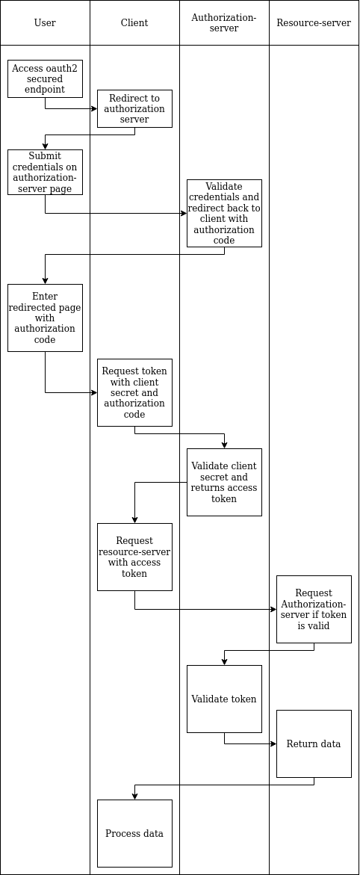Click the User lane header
point(45,23)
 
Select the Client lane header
point(134,23)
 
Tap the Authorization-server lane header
point(224,23)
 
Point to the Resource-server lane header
point(314,23)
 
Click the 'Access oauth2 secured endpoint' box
point(45,78)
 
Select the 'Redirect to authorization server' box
point(134,108)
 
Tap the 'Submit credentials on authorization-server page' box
point(45,172)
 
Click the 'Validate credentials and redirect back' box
point(224,213)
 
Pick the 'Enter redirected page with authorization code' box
point(45,318)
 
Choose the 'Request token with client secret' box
point(134,392)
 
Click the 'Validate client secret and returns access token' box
point(224,482)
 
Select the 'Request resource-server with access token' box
point(134,557)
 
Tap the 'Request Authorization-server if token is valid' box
point(314,609)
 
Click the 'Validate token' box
point(224,699)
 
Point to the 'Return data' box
point(314,743)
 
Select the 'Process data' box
point(134,833)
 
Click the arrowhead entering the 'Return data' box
point(273,743)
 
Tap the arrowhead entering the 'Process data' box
point(134,796)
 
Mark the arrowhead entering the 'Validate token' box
point(224,661)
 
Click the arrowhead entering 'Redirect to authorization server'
point(93,108)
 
